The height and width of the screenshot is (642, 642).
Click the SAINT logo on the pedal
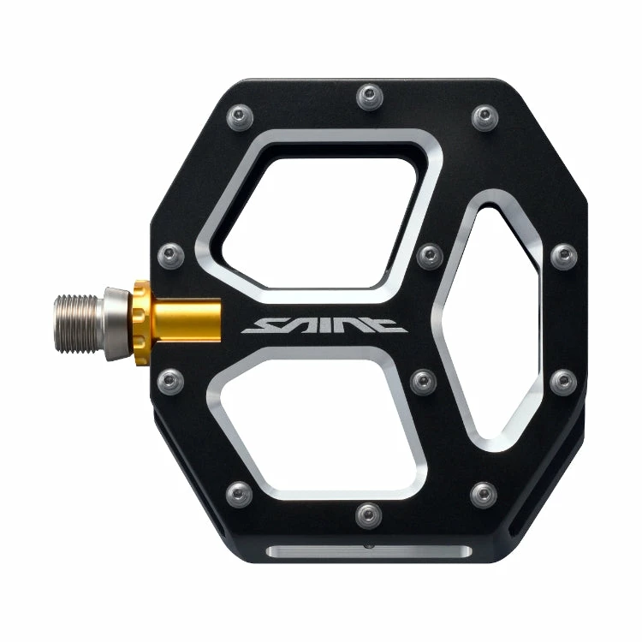(322, 324)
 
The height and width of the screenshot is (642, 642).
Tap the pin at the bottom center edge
(369, 514)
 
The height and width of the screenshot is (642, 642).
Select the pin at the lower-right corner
(484, 493)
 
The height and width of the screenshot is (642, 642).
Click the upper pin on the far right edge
(563, 254)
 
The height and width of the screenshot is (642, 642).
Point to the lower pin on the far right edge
(563, 380)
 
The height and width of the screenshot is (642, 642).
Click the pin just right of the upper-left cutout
(428, 254)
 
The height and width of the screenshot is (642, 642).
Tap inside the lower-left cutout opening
(317, 424)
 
